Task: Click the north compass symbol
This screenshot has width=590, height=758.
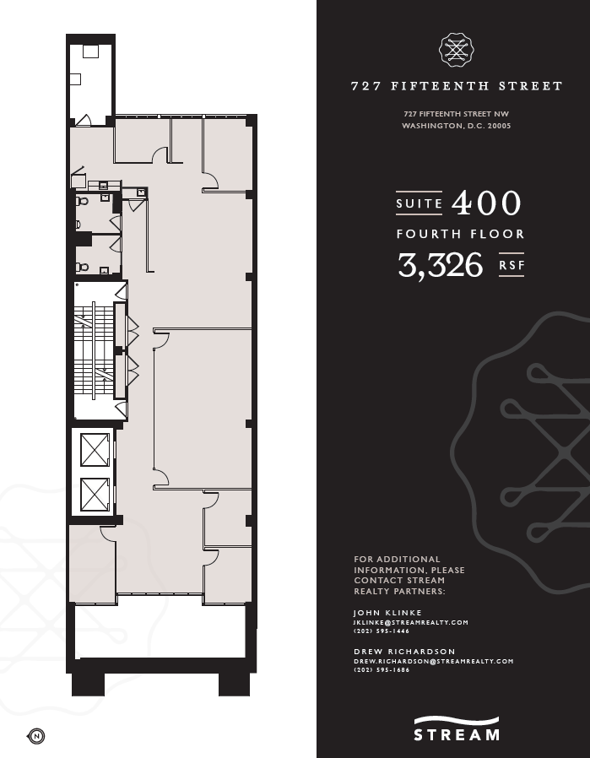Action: click(37, 735)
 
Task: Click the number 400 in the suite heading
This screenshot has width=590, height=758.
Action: click(487, 203)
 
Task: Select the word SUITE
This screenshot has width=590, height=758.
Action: click(419, 203)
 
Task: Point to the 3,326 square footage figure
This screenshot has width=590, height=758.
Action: click(441, 264)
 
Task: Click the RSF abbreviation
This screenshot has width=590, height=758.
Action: click(512, 265)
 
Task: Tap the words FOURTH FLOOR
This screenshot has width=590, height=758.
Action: click(461, 234)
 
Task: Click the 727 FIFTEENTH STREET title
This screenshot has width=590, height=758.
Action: click(457, 86)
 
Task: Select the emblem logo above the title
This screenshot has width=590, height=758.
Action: click(457, 51)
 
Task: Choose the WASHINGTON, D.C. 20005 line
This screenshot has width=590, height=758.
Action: click(457, 126)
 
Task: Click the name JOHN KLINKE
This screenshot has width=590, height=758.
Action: click(387, 613)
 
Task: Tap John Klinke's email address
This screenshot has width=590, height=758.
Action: click(410, 622)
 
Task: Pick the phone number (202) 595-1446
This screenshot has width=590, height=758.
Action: click(382, 631)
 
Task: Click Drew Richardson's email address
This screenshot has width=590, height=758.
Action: click(433, 661)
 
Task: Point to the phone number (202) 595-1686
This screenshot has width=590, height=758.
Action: click(382, 670)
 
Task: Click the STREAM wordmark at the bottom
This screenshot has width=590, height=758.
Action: click(457, 734)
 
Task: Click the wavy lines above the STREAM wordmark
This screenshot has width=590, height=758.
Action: click(457, 720)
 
